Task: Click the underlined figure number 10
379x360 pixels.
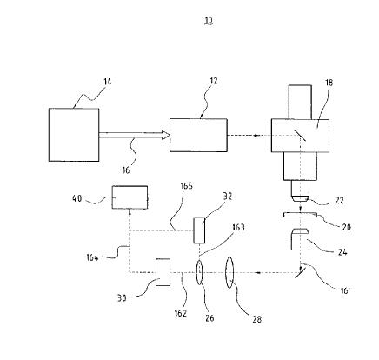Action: pos(209,21)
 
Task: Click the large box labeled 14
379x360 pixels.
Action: pos(74,135)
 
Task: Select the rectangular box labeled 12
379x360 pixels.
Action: pos(198,135)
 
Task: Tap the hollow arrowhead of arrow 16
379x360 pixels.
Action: pos(165,135)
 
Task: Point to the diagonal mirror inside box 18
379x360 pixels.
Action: pos(301,136)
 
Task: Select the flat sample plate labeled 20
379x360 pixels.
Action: pos(300,215)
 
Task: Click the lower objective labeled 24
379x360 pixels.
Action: pos(301,240)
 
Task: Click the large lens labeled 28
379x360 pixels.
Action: pos(229,273)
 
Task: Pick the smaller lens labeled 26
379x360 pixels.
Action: pos(199,273)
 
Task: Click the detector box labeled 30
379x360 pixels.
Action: pos(163,272)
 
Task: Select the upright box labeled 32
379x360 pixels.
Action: pos(199,230)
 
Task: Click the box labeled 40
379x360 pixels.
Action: pos(130,197)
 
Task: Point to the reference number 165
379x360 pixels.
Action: pos(186,186)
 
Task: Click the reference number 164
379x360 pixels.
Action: pos(92,257)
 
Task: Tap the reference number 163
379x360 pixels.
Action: pos(238,228)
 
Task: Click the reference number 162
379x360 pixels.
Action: pos(181,313)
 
